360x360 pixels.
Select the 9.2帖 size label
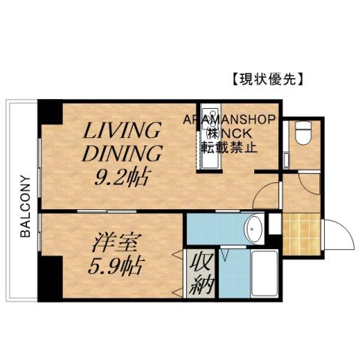(121, 178)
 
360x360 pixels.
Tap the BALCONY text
(25, 206)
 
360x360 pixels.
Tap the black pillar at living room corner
(50, 112)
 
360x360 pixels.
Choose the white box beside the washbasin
(274, 223)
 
